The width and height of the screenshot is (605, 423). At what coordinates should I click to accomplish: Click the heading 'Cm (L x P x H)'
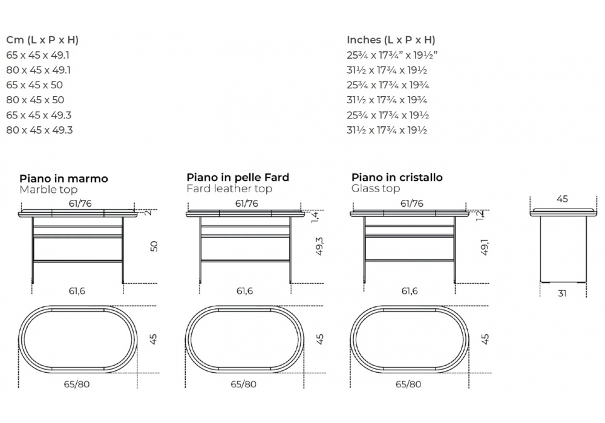tap(42, 40)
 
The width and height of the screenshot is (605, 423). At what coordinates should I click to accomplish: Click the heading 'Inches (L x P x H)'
tap(391, 40)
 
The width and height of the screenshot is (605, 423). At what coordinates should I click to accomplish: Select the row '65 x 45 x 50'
tap(34, 85)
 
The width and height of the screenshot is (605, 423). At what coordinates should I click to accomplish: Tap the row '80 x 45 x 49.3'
tap(39, 130)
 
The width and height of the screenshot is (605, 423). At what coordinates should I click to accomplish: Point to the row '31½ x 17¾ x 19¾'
tap(387, 100)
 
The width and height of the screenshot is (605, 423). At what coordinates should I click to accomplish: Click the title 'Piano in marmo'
tap(64, 179)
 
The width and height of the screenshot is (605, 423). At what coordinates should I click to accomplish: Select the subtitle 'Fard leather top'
tap(229, 189)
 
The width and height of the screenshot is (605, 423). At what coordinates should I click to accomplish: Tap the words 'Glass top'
tap(376, 189)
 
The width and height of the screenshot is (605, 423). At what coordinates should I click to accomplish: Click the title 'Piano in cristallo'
tap(397, 178)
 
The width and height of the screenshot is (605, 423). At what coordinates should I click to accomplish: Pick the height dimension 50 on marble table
tap(154, 246)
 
